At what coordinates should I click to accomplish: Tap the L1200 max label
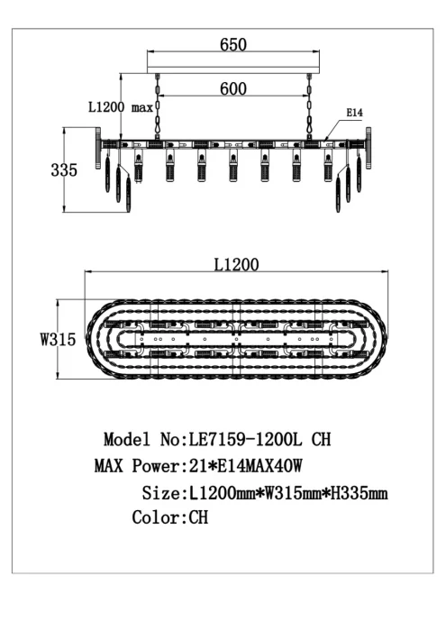point(120,106)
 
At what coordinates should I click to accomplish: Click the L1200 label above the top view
point(237,264)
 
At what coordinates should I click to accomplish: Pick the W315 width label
point(56,339)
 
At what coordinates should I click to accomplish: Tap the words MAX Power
point(137,467)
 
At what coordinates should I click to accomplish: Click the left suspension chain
point(159,111)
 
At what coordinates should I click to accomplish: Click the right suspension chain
point(310,111)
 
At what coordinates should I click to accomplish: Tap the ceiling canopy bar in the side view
point(234,71)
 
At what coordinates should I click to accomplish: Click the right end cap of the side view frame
point(368,144)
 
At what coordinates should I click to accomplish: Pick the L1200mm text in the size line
point(221,493)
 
